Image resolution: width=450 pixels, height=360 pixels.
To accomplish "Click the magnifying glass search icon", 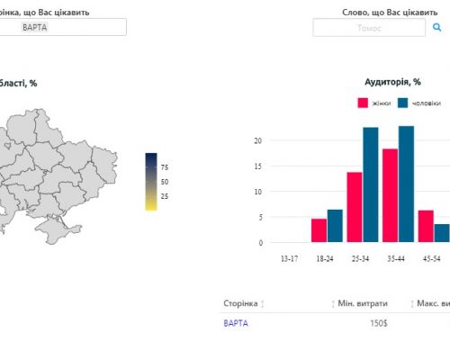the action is (436, 27).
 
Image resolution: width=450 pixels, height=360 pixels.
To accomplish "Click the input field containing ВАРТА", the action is (63, 27).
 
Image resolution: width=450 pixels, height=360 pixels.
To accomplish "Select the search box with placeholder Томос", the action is (369, 28).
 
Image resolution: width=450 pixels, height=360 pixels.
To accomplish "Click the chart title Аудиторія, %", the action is (392, 82).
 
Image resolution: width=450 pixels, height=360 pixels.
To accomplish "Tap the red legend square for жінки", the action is (363, 103).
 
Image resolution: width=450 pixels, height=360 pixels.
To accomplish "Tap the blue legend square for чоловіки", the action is (402, 103).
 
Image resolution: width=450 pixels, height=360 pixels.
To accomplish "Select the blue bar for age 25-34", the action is (371, 184).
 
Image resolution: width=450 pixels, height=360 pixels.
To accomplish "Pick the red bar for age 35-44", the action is (390, 195).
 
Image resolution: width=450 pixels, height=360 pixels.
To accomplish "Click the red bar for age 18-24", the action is (319, 230).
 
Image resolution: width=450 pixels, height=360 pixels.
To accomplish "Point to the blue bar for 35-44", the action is (406, 184).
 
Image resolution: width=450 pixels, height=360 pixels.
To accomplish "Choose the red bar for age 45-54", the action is (426, 226).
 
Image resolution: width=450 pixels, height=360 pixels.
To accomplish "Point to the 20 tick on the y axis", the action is (258, 140).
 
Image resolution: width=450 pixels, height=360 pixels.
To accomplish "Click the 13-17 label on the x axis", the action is (290, 258).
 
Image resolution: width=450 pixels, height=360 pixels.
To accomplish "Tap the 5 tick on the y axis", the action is (260, 217).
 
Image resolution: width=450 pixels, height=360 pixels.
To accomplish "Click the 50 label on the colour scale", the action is (165, 182).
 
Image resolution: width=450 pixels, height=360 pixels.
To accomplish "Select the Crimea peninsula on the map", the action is (57, 229).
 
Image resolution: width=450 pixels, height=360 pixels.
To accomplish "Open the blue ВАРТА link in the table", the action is (236, 323).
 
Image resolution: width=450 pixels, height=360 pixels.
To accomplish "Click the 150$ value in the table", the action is (379, 323).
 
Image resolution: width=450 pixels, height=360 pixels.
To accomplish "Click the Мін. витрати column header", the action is (363, 303).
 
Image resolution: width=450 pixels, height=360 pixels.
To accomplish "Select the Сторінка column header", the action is (240, 303).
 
